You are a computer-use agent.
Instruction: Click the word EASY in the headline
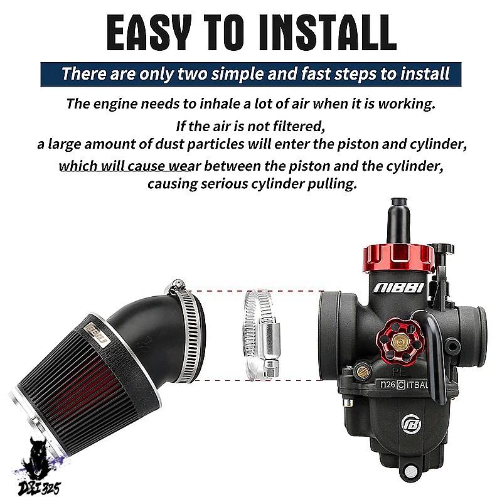point(149,33)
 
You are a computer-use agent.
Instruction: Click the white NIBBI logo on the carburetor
point(398,288)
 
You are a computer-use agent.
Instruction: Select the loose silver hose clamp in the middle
point(261,334)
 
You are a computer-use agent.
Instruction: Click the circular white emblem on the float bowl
point(411,424)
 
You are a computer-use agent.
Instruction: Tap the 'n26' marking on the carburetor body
point(388,384)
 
